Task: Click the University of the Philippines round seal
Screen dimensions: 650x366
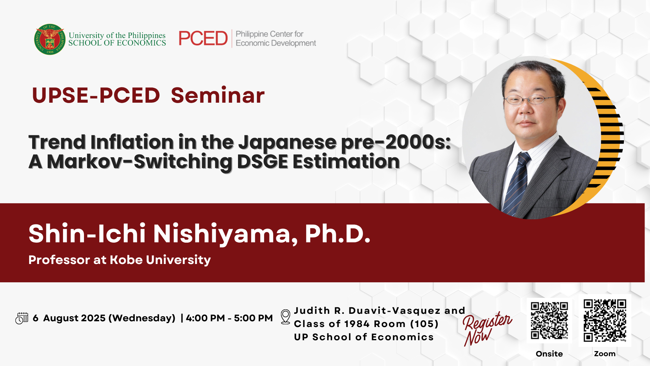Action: pos(50,39)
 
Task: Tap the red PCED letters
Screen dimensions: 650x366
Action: pos(203,38)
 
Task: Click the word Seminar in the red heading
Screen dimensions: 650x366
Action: pos(218,95)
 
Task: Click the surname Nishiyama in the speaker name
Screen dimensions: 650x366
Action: pos(225,234)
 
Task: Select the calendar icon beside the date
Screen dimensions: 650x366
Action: pos(22,318)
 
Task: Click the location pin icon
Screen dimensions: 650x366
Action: pos(286,317)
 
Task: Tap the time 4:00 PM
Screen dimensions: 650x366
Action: pos(205,318)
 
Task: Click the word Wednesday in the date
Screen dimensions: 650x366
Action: pos(144,318)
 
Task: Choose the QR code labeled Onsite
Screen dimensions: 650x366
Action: pos(549,321)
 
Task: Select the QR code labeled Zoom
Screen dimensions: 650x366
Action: pos(605,320)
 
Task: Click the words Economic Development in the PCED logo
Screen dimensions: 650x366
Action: pos(276,43)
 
